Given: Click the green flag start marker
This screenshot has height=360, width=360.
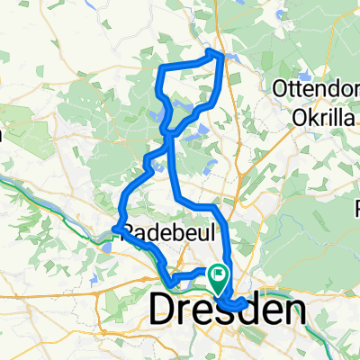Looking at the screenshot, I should [219, 271].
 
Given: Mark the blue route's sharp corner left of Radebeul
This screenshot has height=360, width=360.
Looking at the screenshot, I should [115, 229].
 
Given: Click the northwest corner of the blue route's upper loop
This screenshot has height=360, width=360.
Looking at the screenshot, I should [160, 68].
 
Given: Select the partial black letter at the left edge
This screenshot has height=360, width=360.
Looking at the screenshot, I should [3, 135].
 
